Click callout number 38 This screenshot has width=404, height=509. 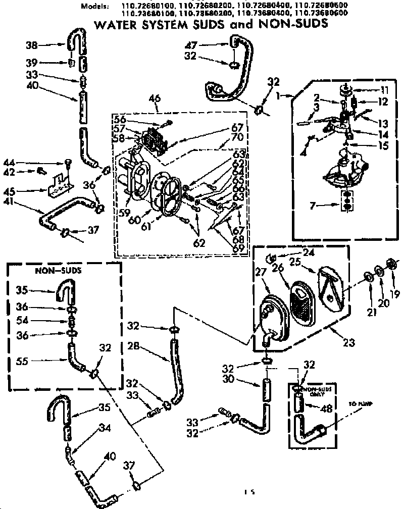32,44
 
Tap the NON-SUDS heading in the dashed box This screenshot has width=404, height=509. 52,270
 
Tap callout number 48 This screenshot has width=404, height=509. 328,409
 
